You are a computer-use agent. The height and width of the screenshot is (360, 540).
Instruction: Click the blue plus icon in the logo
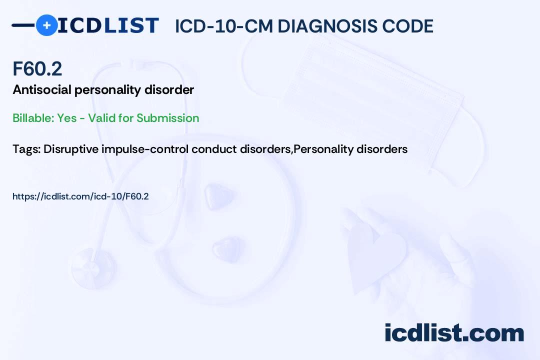pos(46,25)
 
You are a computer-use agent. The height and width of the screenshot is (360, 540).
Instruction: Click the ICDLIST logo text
pos(108,25)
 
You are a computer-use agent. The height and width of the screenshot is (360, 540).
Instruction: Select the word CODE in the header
pos(401,26)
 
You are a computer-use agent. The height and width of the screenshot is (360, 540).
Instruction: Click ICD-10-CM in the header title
pos(224,26)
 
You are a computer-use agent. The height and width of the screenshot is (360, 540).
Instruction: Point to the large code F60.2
pos(37,68)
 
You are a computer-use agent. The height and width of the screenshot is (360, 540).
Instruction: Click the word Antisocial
pos(42,90)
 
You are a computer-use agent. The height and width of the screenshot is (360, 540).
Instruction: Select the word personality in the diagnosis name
pos(108,90)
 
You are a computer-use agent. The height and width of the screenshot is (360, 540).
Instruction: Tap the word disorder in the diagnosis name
pos(169,90)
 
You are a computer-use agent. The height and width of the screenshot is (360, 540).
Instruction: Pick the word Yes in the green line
pos(67,118)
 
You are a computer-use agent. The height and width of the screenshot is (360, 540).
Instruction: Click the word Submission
pos(167,118)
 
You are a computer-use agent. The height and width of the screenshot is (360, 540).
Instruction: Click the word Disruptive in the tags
pos(71,149)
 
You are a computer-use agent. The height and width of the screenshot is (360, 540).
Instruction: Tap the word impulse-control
pos(145,149)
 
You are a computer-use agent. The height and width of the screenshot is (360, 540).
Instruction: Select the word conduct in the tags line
pos(214,149)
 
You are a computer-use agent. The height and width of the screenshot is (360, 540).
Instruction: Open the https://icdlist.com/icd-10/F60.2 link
pos(80,196)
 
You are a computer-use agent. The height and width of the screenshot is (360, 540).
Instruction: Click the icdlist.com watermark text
pos(454,333)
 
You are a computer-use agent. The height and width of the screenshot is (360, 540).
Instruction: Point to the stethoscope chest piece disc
pos(93,268)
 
